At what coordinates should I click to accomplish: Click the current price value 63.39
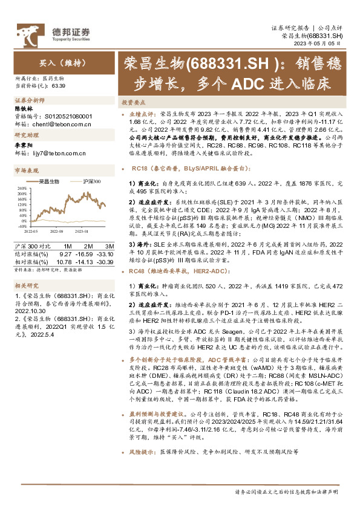pyautogui.click(x=59, y=85)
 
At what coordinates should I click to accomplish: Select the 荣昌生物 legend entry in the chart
pyautogui.click(x=47, y=181)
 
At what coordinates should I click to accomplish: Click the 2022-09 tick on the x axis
pyautogui.click(x=57, y=230)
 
